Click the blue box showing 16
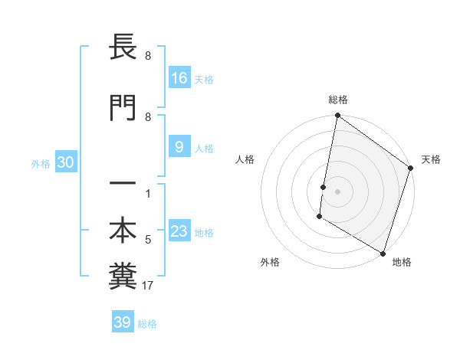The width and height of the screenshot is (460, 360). [x=179, y=77]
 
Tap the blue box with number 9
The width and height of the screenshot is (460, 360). [x=179, y=147]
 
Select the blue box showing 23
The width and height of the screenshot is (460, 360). [x=179, y=231]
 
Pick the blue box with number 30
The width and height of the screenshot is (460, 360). [x=66, y=162]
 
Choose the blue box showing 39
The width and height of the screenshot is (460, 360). [x=122, y=322]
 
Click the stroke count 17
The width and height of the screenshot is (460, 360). [x=148, y=286]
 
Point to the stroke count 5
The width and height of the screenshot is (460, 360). [x=148, y=240]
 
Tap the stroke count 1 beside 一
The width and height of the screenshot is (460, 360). [x=148, y=194]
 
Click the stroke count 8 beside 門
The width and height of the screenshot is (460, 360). [x=148, y=117]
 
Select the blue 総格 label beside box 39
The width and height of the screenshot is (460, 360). [x=147, y=324]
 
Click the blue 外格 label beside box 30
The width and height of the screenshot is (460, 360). [x=41, y=163]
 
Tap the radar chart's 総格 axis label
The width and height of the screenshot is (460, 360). [x=338, y=100]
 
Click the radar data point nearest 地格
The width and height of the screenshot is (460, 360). [x=383, y=252]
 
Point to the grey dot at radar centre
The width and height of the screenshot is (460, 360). [x=338, y=191]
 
